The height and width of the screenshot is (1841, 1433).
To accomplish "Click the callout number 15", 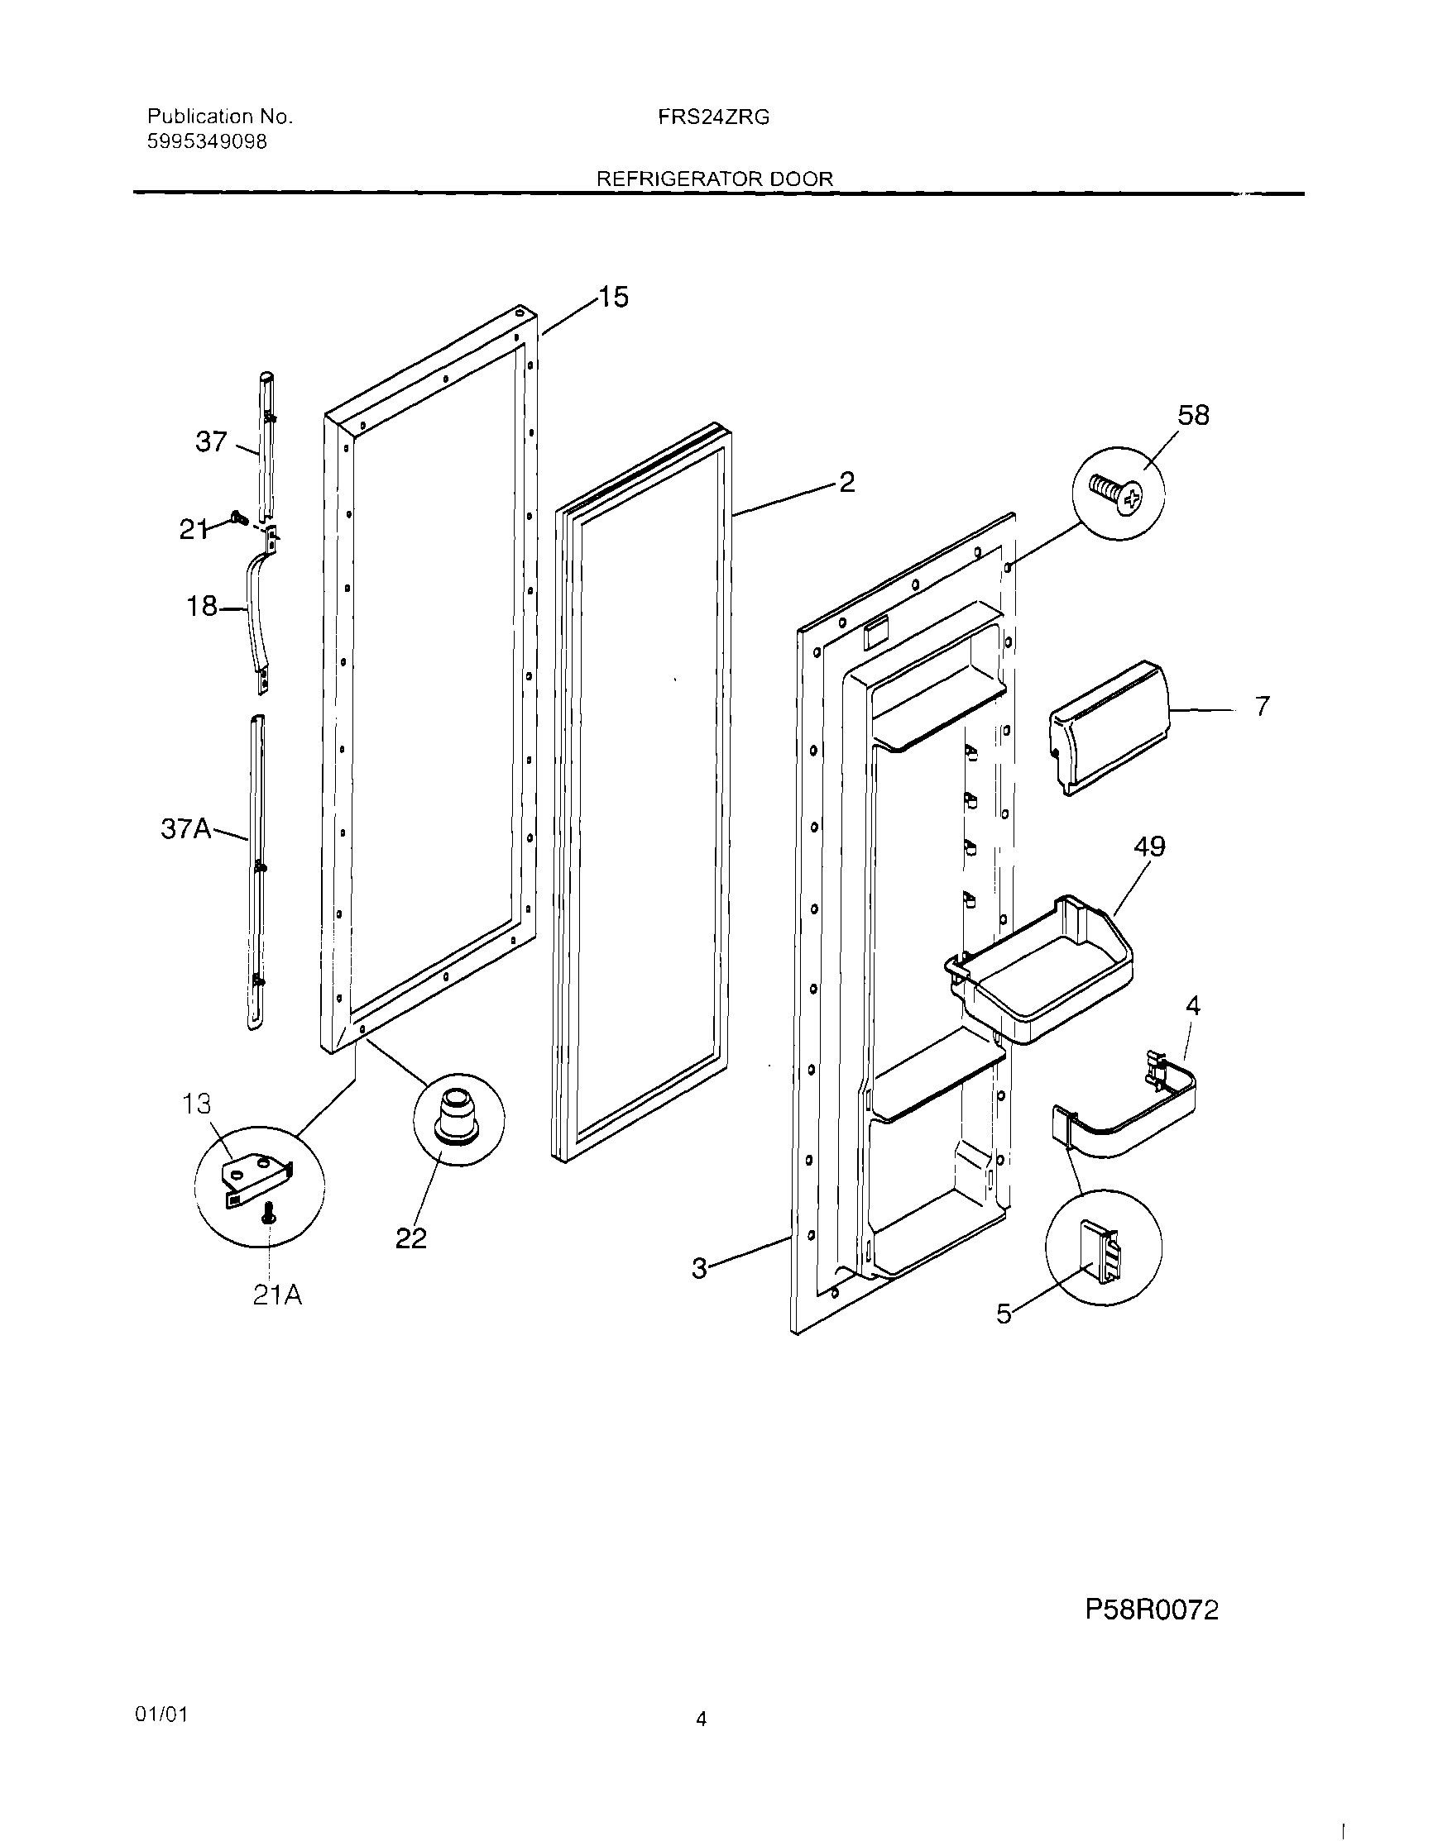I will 614,298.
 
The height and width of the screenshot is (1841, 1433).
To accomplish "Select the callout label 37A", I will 185,829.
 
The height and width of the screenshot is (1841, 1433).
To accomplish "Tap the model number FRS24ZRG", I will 713,118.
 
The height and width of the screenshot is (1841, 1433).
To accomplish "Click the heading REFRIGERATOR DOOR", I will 714,179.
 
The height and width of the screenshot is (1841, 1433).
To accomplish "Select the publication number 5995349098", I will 207,141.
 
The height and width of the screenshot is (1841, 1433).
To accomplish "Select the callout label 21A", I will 276,1295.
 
